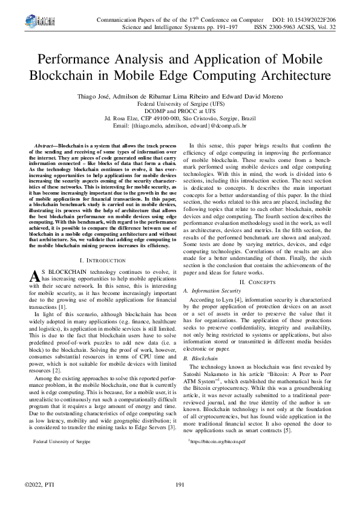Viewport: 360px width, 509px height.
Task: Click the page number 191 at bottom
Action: coord(180,485)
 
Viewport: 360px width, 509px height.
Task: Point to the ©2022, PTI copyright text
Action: coord(39,485)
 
